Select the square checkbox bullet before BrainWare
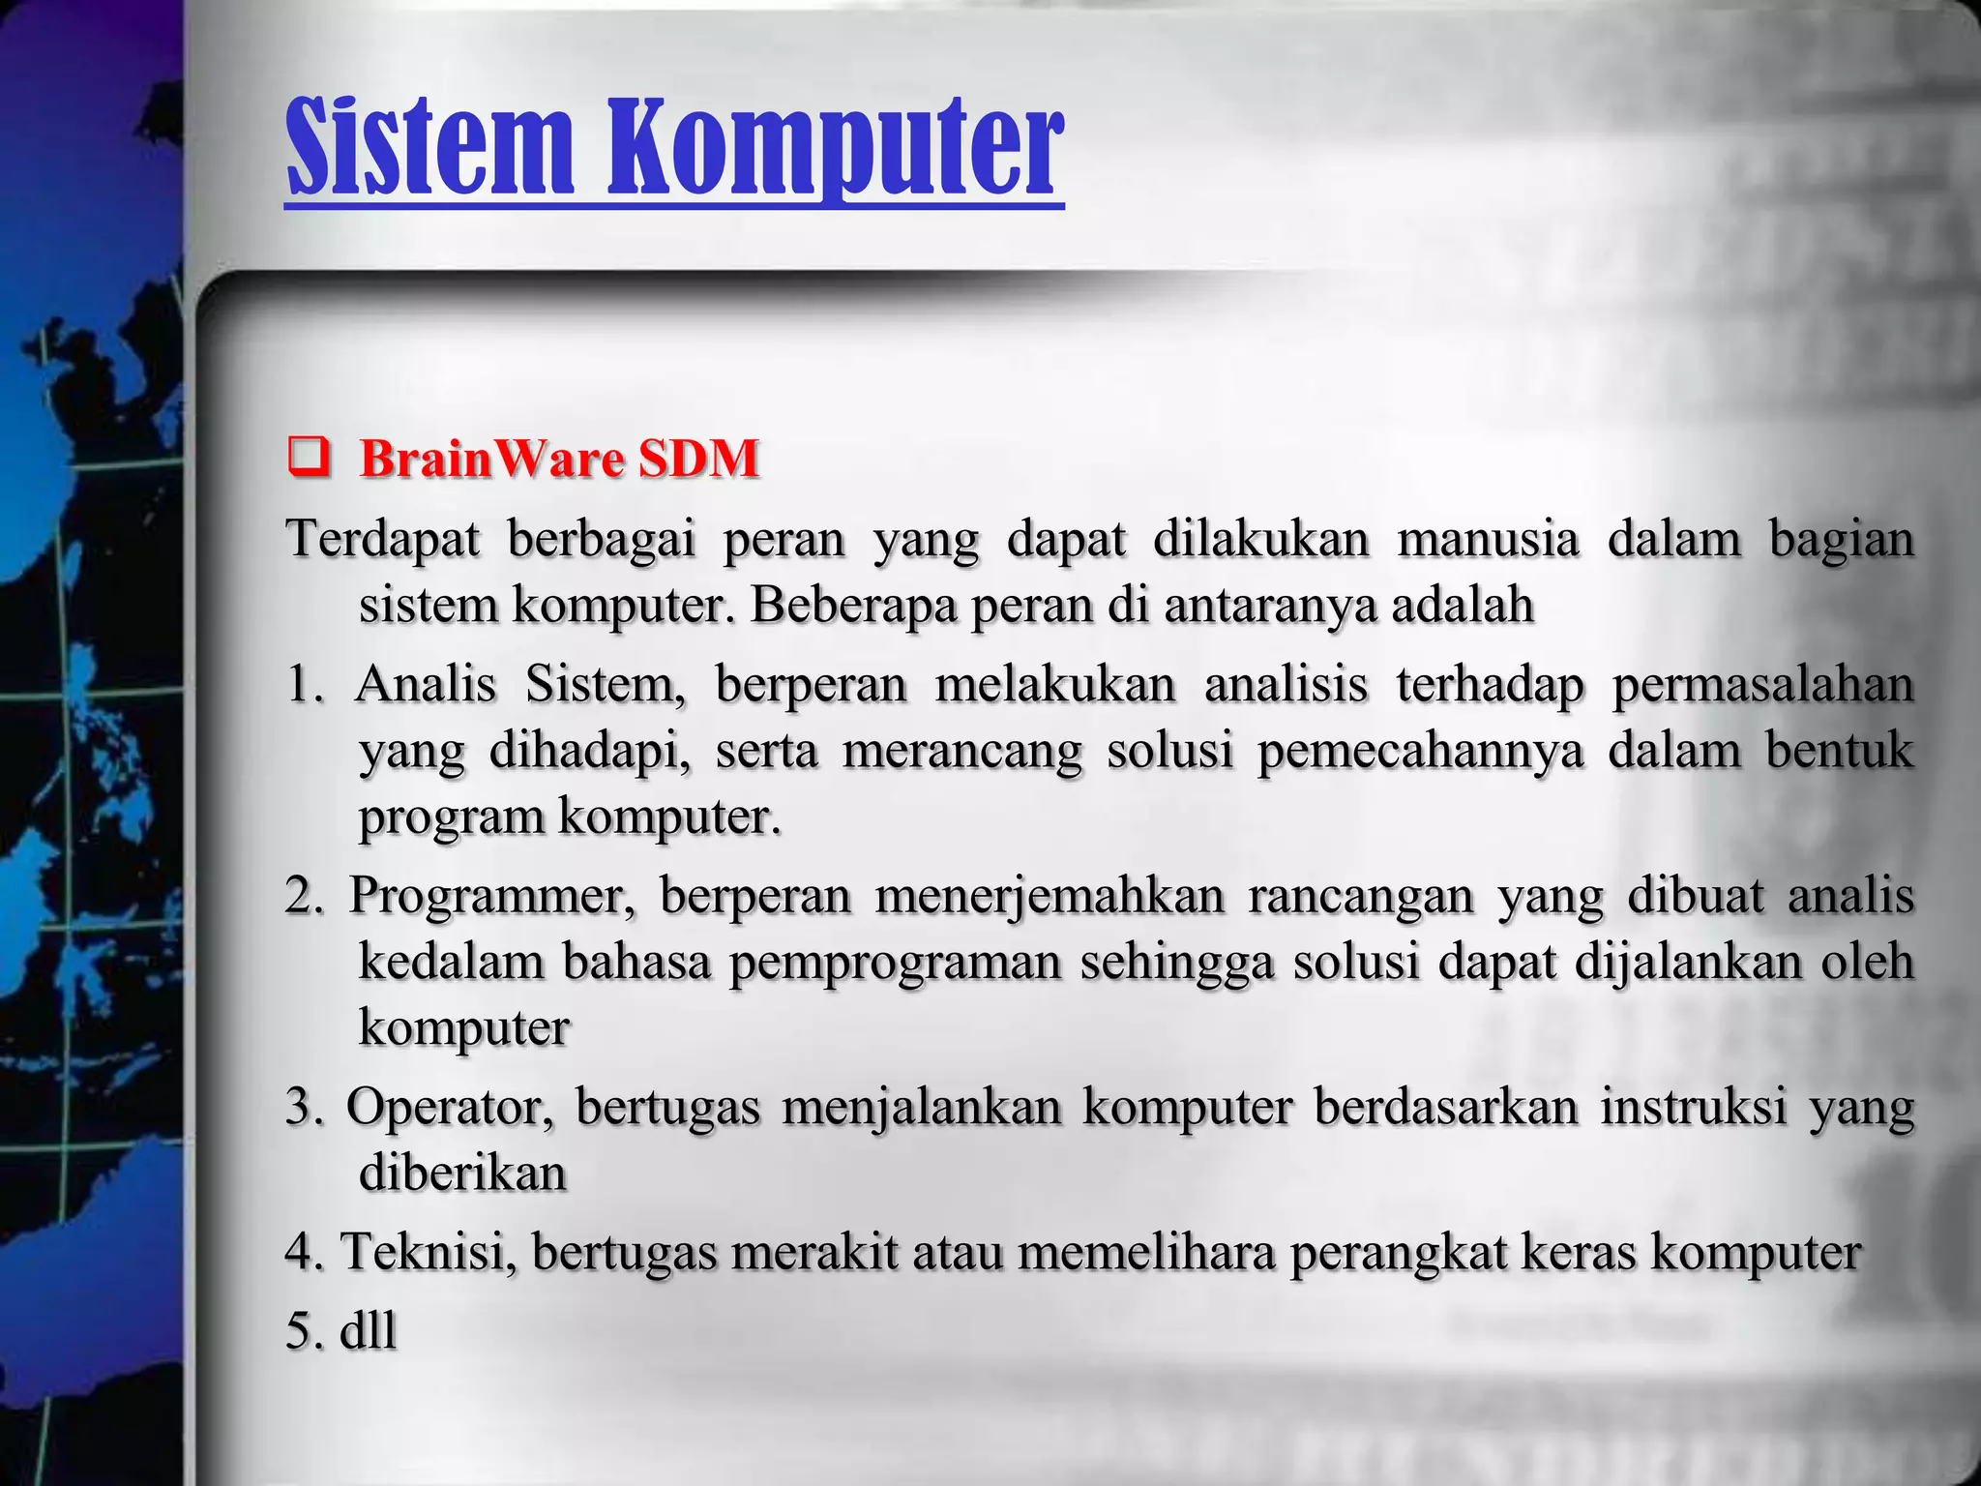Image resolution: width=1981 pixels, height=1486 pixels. (x=307, y=458)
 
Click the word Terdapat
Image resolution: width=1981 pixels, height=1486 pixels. (x=383, y=539)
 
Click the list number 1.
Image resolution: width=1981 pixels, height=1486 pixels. (x=304, y=685)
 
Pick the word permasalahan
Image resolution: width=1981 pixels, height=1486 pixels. (x=1762, y=685)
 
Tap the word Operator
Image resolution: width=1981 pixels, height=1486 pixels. (x=450, y=1108)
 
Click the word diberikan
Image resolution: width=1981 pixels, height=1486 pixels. (x=462, y=1174)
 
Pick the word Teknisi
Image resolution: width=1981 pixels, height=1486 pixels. (x=429, y=1252)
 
